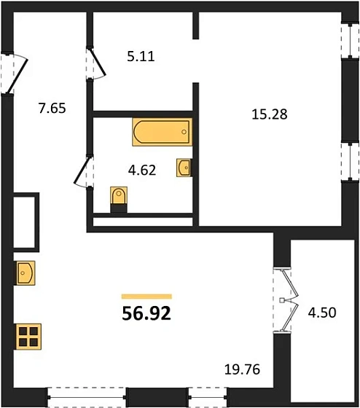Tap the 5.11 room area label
[141, 55]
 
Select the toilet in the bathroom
[119, 198]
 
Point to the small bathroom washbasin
[184, 168]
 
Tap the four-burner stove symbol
[28, 337]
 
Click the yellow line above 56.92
[146, 297]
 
